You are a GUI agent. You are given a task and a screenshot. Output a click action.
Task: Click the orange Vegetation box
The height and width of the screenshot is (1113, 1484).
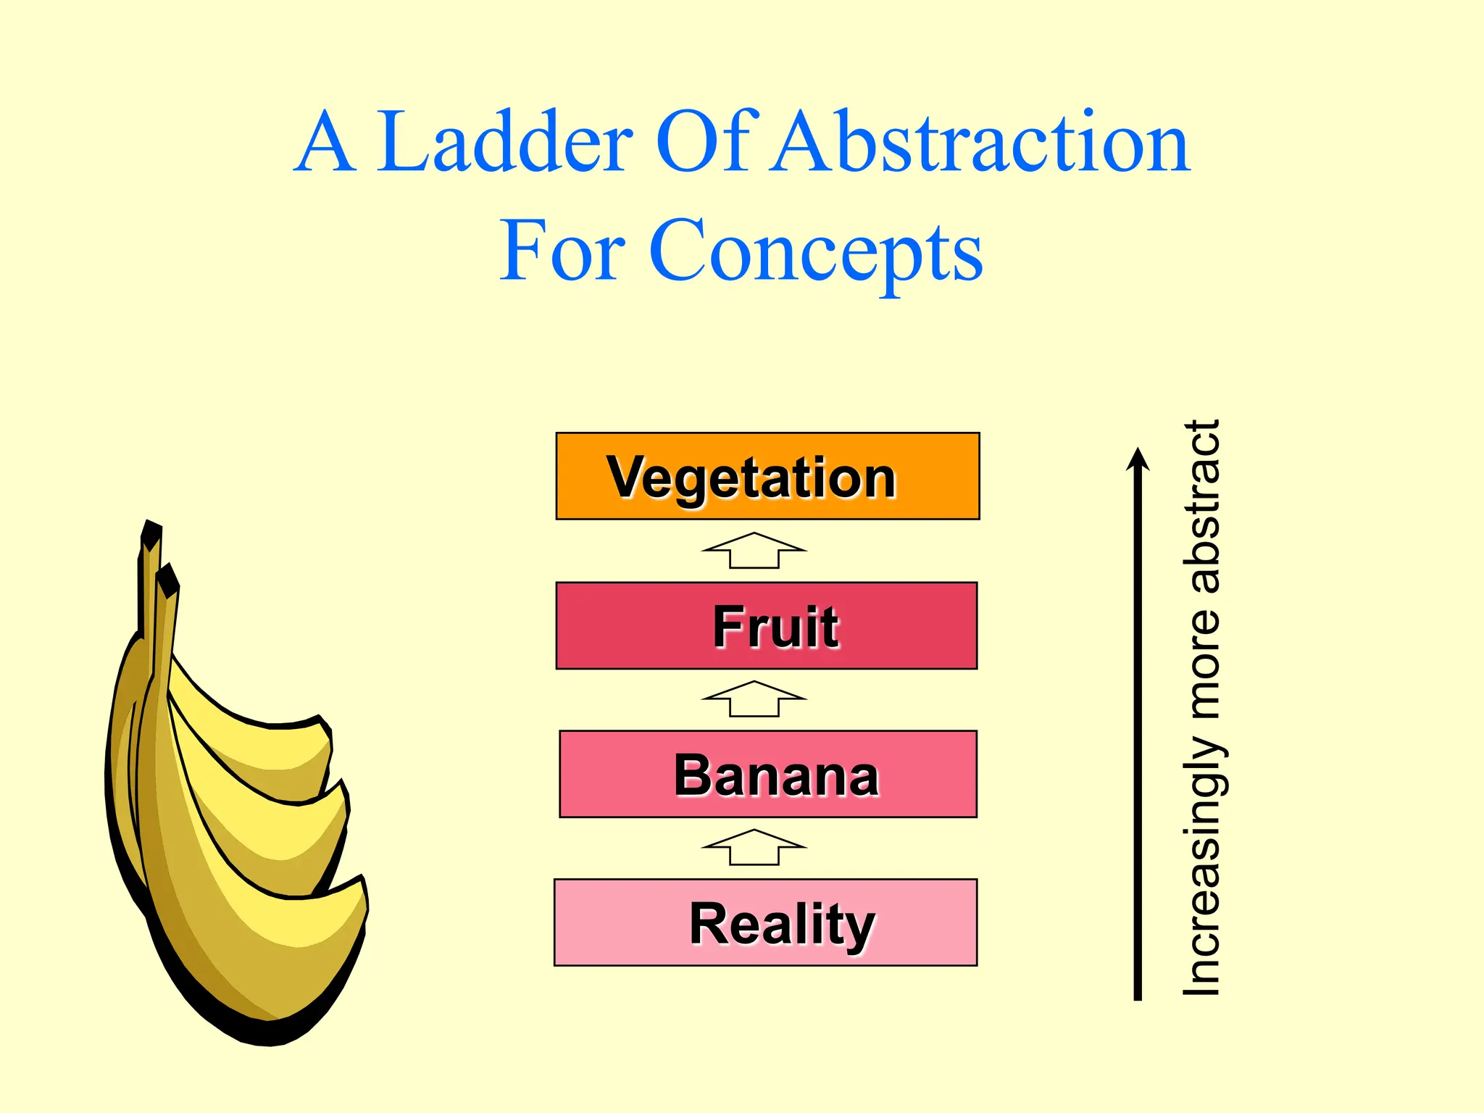point(767,476)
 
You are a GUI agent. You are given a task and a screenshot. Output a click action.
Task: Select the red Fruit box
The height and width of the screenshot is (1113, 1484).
point(767,625)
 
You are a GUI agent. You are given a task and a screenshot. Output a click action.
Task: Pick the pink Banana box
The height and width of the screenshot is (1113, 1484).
point(768,774)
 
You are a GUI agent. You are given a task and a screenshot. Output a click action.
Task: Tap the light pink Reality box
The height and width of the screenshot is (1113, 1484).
point(766,922)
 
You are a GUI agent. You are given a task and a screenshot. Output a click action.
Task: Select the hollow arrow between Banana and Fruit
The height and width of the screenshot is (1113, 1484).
point(754,699)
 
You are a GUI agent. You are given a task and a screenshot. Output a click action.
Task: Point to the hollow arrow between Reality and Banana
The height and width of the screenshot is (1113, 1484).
point(754,848)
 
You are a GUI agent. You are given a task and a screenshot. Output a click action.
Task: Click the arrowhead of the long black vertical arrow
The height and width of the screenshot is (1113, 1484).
point(1138,459)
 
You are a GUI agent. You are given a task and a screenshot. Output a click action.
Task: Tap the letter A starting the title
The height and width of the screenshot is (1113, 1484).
point(325,143)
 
